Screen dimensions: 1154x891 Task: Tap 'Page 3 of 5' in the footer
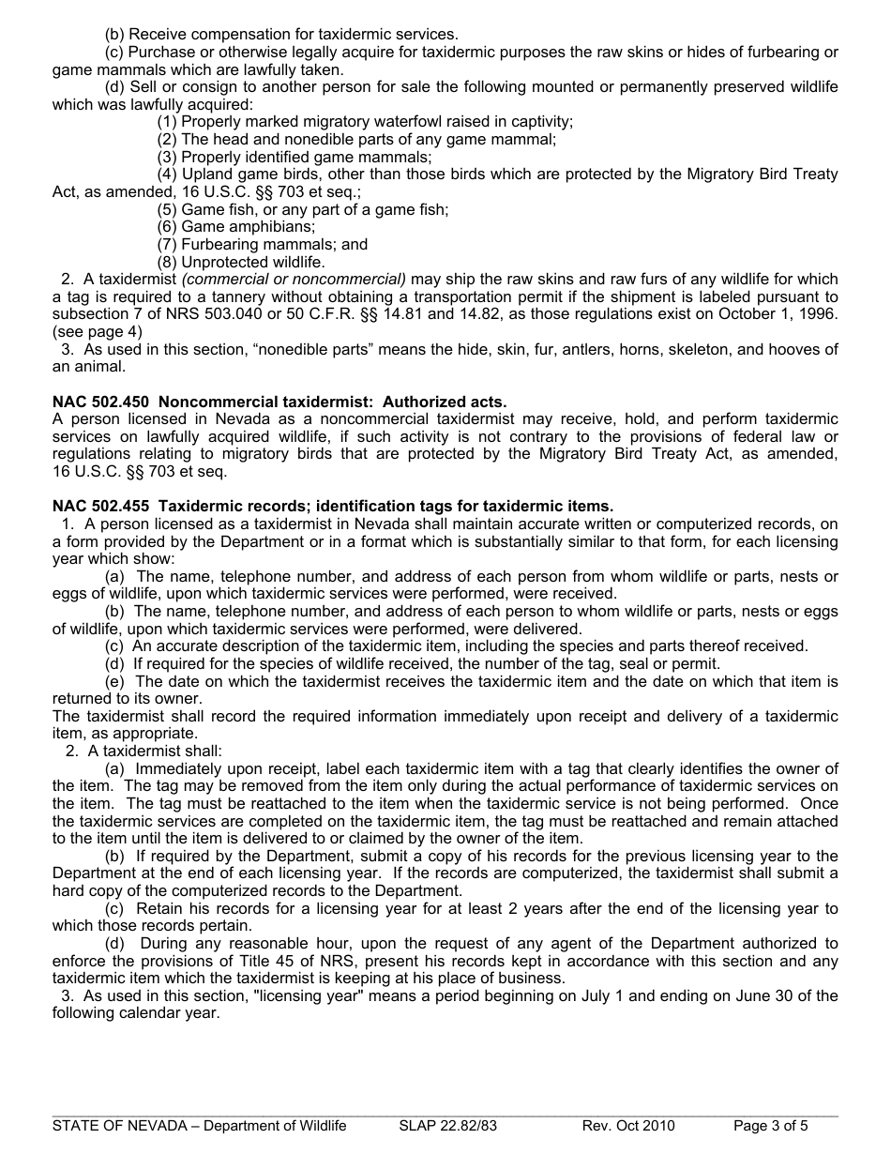pyautogui.click(x=770, y=1126)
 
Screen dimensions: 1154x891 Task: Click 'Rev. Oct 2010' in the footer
pyautogui.click(x=627, y=1126)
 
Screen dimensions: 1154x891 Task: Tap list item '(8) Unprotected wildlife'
pyautogui.click(x=241, y=262)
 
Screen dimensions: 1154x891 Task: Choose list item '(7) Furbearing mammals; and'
pyautogui.click(x=262, y=245)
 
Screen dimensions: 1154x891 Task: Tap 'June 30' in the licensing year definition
pyautogui.click(x=764, y=995)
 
